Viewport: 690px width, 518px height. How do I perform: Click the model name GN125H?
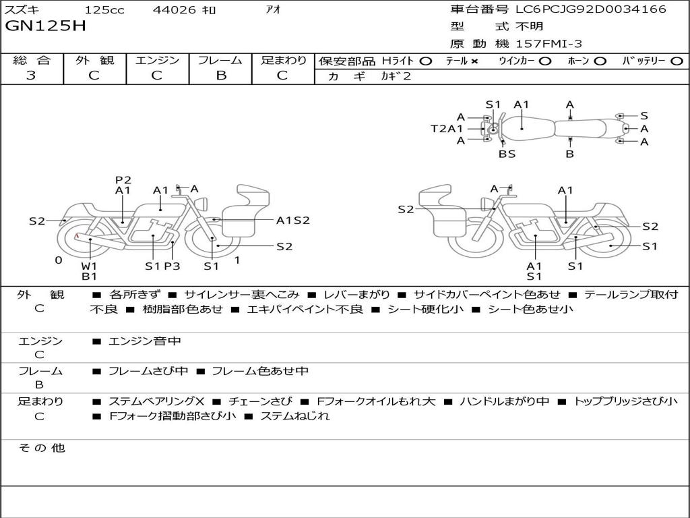46,26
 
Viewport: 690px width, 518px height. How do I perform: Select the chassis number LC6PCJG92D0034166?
590,9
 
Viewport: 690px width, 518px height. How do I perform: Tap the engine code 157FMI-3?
548,44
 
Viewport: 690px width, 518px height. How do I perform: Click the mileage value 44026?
175,10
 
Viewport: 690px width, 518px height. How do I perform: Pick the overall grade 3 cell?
31,75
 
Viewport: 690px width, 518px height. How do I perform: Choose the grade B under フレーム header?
220,75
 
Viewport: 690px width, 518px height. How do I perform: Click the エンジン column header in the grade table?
157,60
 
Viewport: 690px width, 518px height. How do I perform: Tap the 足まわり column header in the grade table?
283,60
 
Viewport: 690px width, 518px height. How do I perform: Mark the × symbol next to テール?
474,61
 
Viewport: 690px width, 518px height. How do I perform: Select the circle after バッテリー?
677,61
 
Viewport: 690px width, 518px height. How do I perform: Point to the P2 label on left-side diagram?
123,179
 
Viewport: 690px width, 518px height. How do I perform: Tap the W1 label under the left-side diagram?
90,266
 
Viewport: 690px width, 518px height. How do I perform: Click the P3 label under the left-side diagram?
172,266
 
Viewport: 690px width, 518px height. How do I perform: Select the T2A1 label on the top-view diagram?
447,128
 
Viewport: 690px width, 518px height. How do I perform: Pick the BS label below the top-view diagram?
507,154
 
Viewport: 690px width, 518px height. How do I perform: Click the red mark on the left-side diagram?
77,237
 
